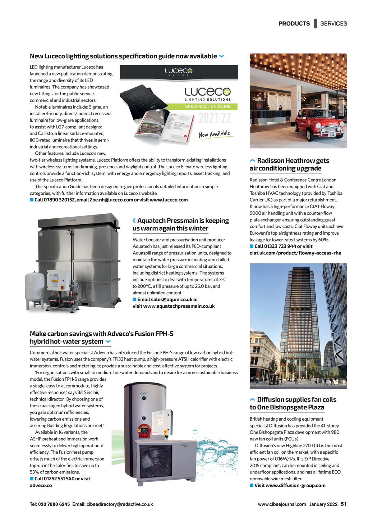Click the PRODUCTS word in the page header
tap(294, 23)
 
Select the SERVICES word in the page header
tap(333, 23)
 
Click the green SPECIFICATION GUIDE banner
tap(208, 107)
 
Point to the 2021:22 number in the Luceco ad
tap(215, 118)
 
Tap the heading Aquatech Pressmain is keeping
tap(183, 221)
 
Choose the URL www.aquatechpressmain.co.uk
tap(179, 306)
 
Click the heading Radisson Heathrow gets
tap(293, 160)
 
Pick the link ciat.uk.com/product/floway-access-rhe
tap(295, 253)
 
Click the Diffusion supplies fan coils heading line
tap(296, 399)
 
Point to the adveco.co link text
tap(41, 485)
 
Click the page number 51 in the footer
tap(344, 504)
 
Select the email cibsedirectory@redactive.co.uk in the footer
tap(120, 504)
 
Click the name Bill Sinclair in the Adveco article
tap(88, 393)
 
